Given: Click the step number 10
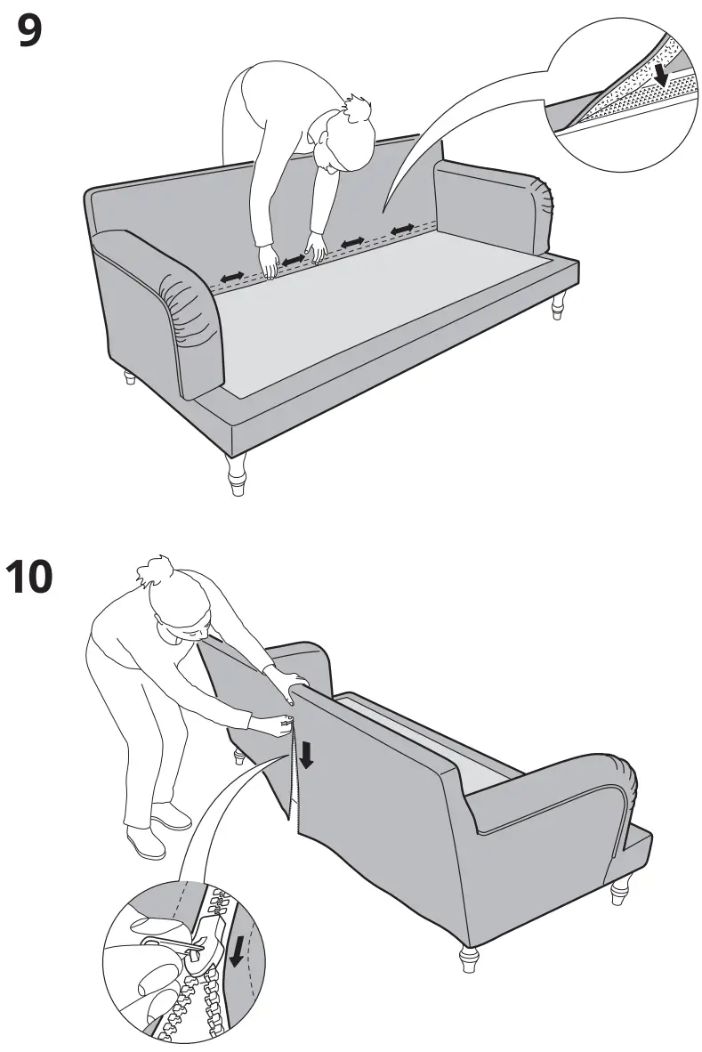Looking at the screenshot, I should [29, 577].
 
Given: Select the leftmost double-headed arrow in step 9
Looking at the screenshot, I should [233, 279].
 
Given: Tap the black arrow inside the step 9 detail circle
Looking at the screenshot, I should [660, 73].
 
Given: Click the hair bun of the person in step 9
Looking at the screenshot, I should [358, 109].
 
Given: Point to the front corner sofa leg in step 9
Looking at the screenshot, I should [236, 473].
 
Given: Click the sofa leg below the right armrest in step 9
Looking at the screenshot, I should [558, 305].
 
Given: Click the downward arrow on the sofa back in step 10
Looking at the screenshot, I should [305, 755].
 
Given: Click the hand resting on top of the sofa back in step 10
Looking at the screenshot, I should [283, 684].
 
